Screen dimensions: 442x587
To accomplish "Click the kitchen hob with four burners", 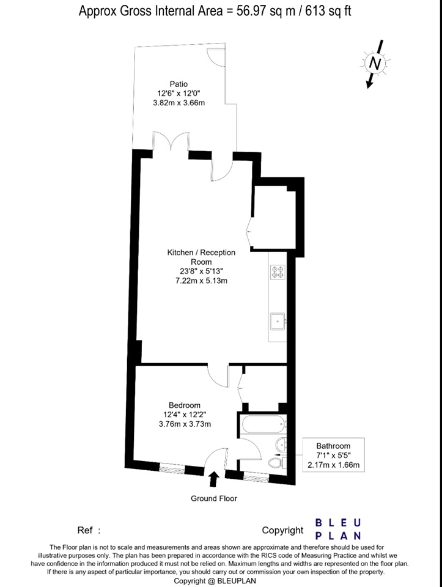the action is pos(278,272).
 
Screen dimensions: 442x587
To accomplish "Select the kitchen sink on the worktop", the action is pos(278,321).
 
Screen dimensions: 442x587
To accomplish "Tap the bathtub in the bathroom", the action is pos(263,424).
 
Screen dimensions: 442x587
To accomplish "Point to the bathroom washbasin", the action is pos(281,445).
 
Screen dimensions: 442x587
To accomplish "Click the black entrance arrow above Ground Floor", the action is pos(214,479).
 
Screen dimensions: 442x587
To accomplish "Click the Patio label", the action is pos(179,84).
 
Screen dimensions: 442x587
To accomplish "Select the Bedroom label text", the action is pos(185,405).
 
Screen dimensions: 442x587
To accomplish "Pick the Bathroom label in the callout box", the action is pos(333,446).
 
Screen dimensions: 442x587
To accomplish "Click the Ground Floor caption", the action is pos(214,498).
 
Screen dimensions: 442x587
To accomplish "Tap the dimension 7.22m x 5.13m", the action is pos(201,281).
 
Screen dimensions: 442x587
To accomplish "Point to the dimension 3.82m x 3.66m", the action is pos(179,103).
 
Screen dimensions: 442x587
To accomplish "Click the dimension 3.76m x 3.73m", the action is pos(185,424).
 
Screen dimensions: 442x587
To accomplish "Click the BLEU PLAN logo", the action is pos(338,529).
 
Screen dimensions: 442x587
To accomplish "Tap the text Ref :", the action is pos(89,530).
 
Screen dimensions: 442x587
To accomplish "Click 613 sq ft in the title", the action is pos(329,11).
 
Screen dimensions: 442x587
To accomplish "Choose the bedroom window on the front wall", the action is pos(172,468).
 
